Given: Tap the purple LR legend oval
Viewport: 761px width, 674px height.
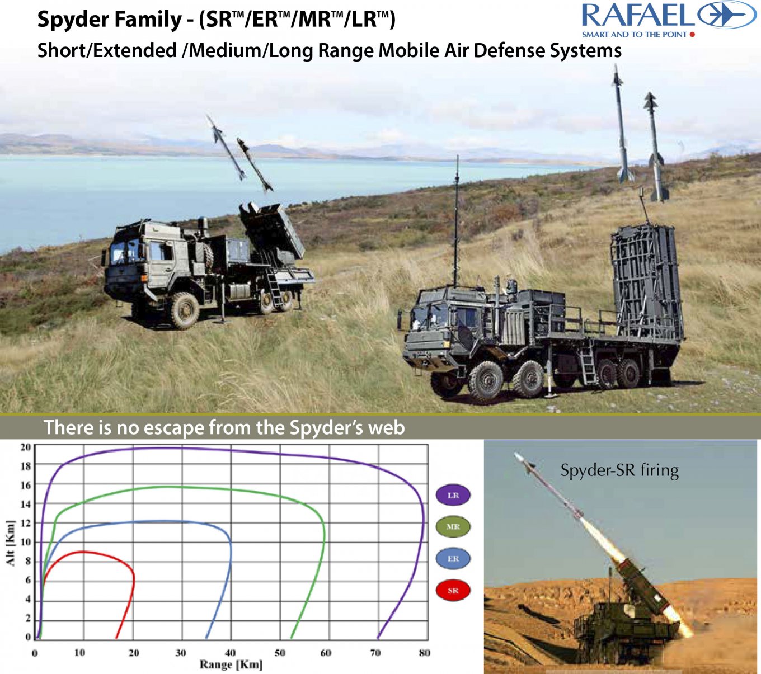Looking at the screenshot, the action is pos(453,495).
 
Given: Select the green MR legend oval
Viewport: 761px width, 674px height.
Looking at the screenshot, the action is pos(453,527).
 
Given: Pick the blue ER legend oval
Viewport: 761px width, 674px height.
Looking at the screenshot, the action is pos(453,558).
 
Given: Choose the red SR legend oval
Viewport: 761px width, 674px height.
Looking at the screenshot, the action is pos(453,590).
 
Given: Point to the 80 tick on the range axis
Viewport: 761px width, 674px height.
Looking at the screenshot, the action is pos(425,653).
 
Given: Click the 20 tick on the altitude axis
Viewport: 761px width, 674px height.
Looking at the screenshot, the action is pos(26,447).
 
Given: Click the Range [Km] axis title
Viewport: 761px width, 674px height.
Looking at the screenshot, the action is pos(231,664).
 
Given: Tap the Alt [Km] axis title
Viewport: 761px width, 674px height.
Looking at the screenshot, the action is pos(11,543).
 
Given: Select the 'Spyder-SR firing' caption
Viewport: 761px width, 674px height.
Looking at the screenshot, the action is pos(620,470).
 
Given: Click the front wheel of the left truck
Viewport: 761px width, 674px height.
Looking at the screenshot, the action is pos(185,310).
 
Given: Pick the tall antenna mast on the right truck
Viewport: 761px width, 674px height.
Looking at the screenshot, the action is pos(457,221).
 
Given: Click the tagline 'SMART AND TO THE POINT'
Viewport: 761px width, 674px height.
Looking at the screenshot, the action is pos(635,35).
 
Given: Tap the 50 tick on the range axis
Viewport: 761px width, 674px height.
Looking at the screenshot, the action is pos(280,653).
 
